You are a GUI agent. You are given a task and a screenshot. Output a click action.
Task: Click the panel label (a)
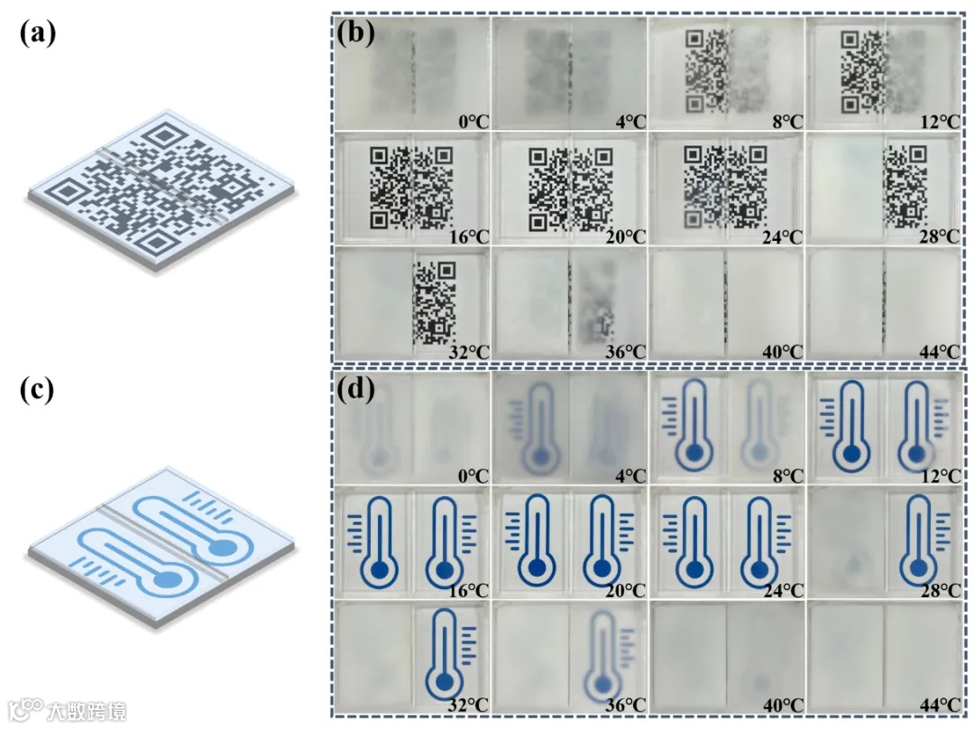(38, 33)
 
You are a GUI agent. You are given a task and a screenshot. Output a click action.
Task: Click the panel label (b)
(355, 36)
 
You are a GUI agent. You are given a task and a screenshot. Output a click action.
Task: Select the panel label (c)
(38, 390)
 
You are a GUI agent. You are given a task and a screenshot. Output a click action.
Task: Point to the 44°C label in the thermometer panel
(937, 704)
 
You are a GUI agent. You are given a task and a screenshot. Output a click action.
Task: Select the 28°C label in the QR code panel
(937, 237)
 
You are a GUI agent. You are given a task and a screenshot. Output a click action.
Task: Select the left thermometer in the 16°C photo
(380, 539)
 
